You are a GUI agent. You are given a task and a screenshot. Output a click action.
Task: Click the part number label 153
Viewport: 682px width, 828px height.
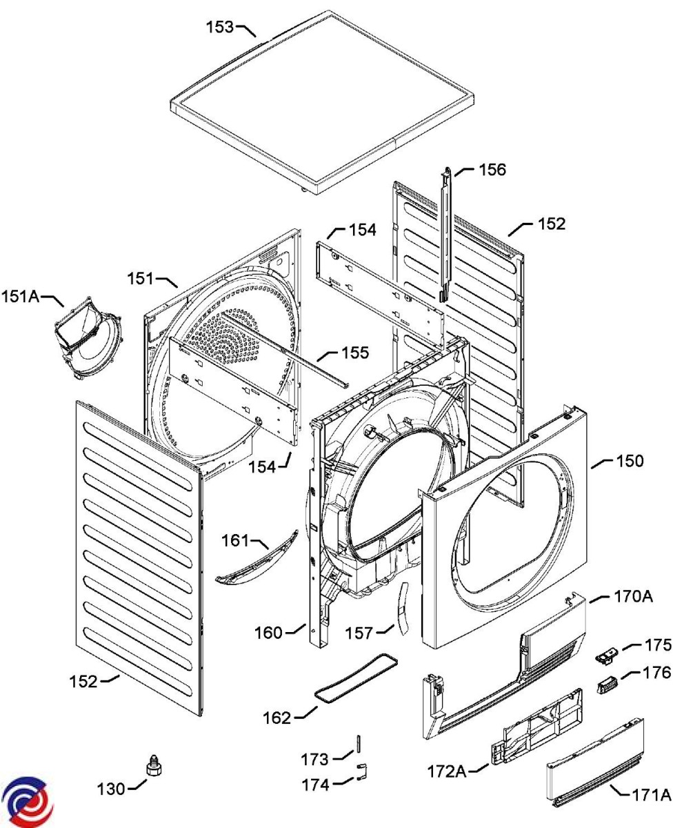219,27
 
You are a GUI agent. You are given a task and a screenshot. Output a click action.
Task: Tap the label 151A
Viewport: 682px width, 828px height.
21,296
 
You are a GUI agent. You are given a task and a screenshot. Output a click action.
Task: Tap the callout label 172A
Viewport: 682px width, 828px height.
447,771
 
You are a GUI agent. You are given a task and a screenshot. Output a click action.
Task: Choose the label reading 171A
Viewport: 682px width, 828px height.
652,795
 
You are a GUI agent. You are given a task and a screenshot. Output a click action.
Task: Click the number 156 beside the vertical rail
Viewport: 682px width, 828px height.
492,170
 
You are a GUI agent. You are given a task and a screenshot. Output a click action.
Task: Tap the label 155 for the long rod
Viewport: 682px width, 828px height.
355,353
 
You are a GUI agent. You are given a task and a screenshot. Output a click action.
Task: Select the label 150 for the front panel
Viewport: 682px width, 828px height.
630,461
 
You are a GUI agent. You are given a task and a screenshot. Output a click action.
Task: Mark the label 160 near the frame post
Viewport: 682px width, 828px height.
268,633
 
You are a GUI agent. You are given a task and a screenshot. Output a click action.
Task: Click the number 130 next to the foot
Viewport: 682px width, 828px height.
111,789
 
